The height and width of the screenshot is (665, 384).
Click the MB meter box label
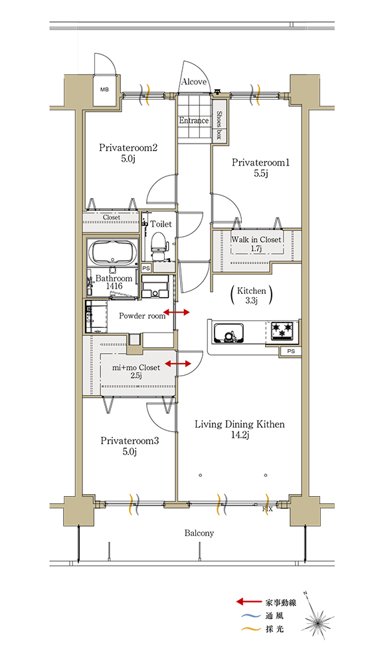(104, 90)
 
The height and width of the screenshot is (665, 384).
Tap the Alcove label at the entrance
(194, 82)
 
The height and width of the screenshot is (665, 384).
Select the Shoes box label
(219, 125)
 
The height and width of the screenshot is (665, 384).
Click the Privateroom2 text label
(128, 148)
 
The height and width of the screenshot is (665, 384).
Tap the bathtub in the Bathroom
(112, 252)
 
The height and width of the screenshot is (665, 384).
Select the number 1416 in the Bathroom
(114, 286)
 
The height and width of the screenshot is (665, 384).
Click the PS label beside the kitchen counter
(291, 351)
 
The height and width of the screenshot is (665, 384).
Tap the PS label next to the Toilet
(145, 268)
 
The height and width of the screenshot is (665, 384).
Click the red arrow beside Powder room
(176, 313)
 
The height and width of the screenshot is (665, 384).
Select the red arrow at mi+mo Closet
(178, 364)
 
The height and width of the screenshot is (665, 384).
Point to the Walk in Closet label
(256, 239)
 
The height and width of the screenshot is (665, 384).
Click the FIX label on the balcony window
(268, 509)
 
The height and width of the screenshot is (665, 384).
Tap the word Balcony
(199, 533)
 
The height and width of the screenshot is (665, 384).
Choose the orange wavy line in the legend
(250, 629)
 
